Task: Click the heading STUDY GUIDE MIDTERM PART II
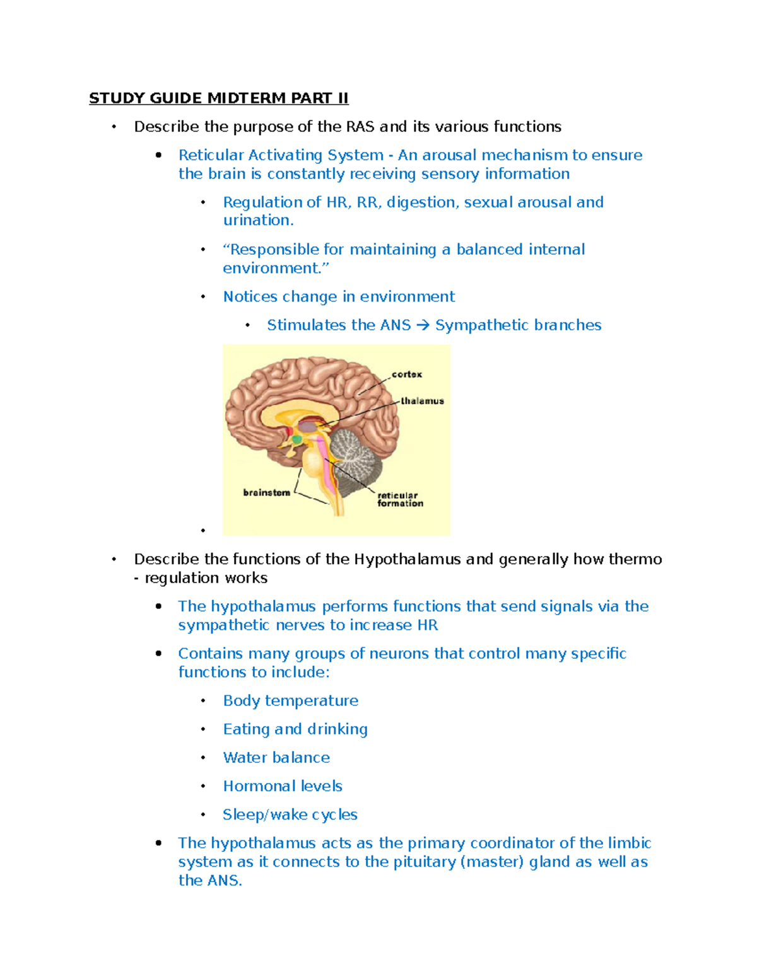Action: [x=218, y=98]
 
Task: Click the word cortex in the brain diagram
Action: [x=407, y=374]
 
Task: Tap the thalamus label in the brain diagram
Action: [x=423, y=401]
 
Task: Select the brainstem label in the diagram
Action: [x=267, y=493]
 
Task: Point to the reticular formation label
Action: [x=400, y=499]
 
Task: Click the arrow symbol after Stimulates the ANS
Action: [x=423, y=325]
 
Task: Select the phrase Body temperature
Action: [x=290, y=701]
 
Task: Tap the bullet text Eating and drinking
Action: [x=295, y=729]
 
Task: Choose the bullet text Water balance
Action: [x=276, y=758]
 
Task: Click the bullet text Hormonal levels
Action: [x=283, y=786]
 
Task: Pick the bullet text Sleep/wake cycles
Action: [x=290, y=814]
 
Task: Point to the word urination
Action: [x=258, y=221]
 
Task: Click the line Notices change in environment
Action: [x=339, y=297]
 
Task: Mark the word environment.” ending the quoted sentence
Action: [x=276, y=269]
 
